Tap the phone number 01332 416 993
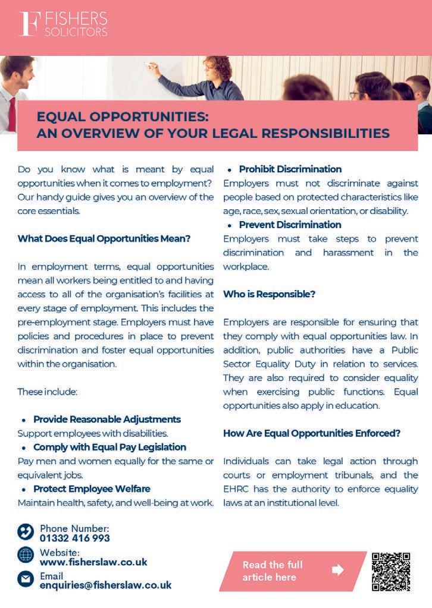[75, 538]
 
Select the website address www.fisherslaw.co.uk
[93, 562]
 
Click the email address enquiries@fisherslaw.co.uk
[105, 585]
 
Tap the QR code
[391, 571]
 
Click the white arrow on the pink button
[338, 571]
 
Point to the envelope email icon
[26, 578]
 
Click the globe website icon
[26, 555]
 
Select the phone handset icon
[26, 531]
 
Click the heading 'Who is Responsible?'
[269, 294]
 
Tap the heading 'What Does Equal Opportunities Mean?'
[104, 239]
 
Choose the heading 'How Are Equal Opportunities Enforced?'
[312, 433]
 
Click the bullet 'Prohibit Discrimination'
[290, 169]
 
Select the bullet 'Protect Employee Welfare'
[92, 489]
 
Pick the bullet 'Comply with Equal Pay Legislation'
[109, 447]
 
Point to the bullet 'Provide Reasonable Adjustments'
[107, 419]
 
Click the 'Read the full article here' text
[273, 571]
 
